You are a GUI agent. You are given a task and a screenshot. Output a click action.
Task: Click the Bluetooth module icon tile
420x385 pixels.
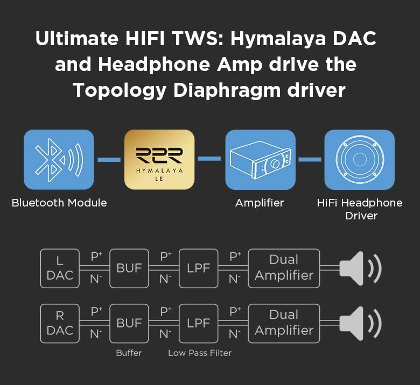tap(59, 159)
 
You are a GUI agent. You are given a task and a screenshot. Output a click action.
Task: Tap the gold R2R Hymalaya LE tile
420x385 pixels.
tap(159, 159)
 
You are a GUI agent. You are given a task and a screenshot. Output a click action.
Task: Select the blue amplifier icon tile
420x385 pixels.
tap(260, 159)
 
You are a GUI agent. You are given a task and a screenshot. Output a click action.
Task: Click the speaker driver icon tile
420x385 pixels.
tap(359, 159)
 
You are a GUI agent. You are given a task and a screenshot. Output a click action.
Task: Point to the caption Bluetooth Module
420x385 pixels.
tap(59, 203)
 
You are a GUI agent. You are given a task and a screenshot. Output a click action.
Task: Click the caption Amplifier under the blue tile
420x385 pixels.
tap(260, 203)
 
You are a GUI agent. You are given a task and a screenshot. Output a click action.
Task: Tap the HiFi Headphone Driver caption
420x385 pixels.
tap(359, 209)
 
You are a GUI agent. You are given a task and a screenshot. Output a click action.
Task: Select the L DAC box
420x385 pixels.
tap(60, 268)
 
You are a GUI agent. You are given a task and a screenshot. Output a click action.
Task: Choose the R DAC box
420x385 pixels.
tap(60, 323)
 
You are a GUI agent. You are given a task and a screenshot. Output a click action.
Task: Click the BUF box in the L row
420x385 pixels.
tap(129, 268)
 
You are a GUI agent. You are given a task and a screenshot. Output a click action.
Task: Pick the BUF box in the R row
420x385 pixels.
tap(129, 323)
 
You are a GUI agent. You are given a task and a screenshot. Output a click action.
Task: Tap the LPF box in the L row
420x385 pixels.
tap(198, 268)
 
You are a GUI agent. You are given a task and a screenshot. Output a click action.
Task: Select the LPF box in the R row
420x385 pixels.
tap(198, 323)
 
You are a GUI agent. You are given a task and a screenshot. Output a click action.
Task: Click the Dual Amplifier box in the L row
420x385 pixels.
tap(284, 268)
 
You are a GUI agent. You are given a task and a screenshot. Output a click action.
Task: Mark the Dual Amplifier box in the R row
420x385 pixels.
tap(284, 323)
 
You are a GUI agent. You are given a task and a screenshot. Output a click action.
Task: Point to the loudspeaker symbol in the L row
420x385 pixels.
tap(360, 268)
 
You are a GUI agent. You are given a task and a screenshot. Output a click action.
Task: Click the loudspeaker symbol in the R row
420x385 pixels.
tap(360, 323)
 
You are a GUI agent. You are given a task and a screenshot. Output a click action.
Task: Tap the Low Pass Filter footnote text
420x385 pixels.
tap(200, 353)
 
